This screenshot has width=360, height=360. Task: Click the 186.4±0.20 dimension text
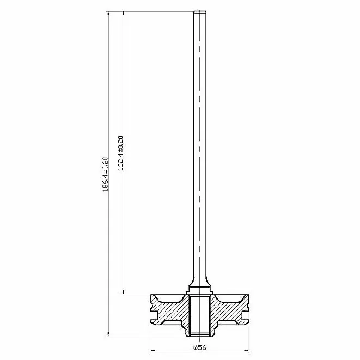point(105,174)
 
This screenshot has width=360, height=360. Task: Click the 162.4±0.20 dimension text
point(120,153)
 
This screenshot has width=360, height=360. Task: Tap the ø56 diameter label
point(200,347)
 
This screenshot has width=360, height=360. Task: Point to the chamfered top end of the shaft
point(200,12)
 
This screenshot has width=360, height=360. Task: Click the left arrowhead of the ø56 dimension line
point(154,351)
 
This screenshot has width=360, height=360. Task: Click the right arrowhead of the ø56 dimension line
point(247,351)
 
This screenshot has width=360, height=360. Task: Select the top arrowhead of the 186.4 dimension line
point(108,14)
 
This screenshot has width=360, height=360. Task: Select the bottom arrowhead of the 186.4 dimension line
point(108,334)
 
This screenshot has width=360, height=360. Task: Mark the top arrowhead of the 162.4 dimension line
point(124,14)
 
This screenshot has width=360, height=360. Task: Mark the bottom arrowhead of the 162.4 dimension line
point(124,292)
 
